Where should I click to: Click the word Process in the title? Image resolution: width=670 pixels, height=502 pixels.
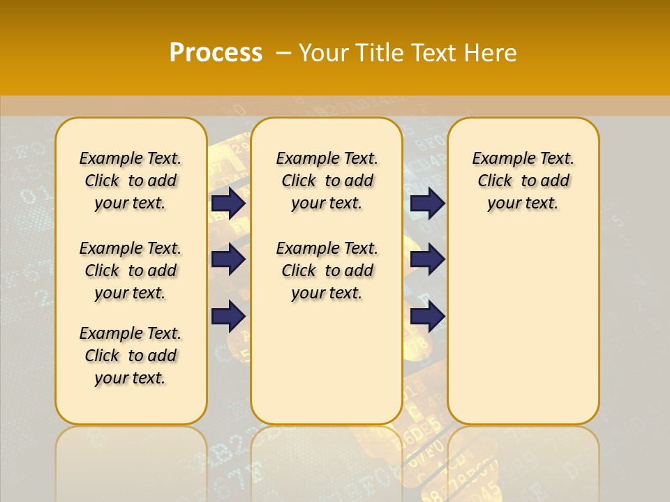(x=216, y=53)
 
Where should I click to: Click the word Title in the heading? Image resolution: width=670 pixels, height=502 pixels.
(x=380, y=53)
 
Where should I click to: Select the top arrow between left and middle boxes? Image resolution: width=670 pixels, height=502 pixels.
(x=228, y=203)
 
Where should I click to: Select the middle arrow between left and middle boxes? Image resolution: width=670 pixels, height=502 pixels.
(x=228, y=259)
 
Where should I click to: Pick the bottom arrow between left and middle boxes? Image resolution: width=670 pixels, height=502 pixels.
(x=228, y=316)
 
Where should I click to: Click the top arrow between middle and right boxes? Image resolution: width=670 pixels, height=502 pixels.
(x=427, y=203)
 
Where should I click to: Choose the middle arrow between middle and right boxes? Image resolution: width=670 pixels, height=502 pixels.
(x=427, y=259)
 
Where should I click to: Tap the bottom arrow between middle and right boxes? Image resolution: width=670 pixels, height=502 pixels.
(x=427, y=316)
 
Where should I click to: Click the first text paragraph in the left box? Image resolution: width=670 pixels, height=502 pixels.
(x=131, y=181)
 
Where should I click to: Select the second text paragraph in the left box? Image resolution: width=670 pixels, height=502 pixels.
(x=131, y=271)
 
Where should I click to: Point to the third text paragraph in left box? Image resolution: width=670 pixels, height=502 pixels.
(x=131, y=356)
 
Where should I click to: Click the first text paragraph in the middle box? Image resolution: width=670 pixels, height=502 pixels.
(x=327, y=181)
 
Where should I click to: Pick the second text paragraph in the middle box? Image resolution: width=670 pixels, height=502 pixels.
(x=327, y=271)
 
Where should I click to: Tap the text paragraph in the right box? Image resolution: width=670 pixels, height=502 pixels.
(x=523, y=181)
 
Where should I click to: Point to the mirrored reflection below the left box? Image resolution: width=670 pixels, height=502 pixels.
(x=131, y=460)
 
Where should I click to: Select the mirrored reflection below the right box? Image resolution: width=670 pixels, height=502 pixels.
(x=523, y=460)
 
